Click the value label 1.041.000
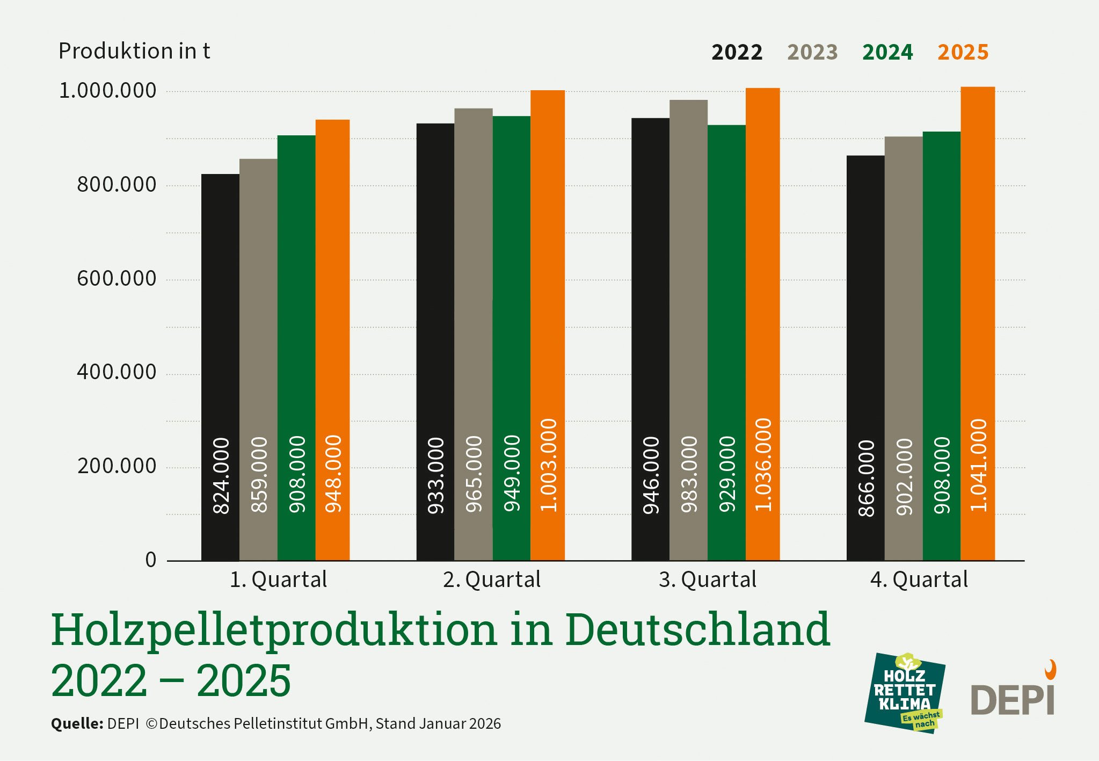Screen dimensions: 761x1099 [979, 465]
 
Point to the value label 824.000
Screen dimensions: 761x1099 [221, 476]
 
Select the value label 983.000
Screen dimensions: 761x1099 [689, 474]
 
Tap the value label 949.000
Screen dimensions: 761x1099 [512, 473]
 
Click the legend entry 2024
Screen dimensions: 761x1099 [887, 53]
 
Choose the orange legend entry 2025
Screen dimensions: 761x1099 [963, 53]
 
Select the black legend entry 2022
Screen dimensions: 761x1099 [737, 53]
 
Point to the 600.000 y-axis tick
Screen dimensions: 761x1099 [117, 279]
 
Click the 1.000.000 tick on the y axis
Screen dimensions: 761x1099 [107, 91]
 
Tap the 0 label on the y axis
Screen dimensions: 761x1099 [151, 560]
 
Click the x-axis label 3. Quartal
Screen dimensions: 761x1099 [707, 580]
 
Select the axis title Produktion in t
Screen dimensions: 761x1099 [134, 52]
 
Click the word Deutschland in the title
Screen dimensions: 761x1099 [697, 630]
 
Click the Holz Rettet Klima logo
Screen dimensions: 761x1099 [905, 693]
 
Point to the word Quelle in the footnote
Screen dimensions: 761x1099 [77, 724]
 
